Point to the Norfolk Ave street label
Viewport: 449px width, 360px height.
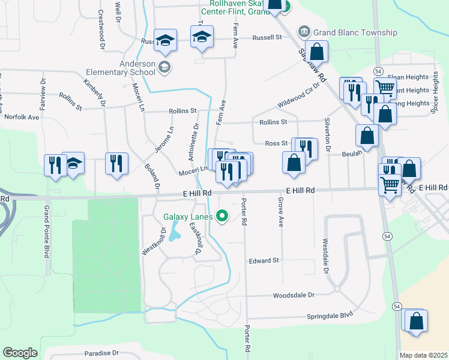click(x=22, y=117)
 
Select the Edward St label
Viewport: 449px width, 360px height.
click(x=264, y=261)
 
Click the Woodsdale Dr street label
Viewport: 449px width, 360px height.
click(x=294, y=295)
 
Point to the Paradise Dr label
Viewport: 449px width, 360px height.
click(x=101, y=353)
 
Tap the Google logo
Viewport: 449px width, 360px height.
click(x=20, y=353)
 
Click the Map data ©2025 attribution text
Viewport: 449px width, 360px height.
click(x=424, y=355)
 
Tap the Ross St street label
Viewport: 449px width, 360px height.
click(x=276, y=143)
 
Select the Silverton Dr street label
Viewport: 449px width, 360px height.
click(x=328, y=135)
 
